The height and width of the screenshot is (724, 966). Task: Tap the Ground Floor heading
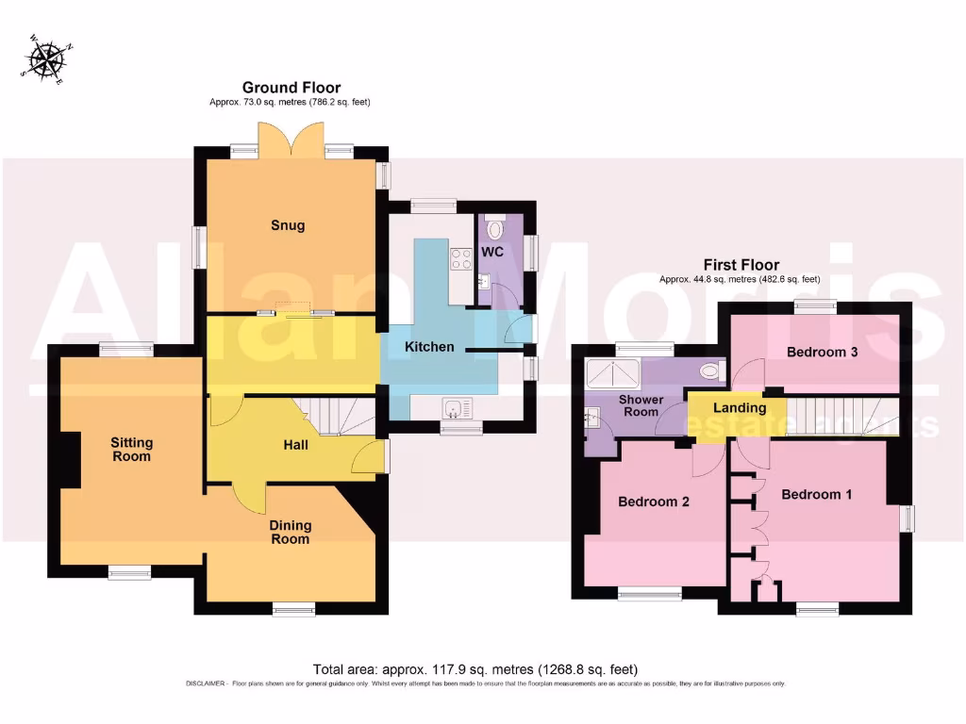click(x=291, y=88)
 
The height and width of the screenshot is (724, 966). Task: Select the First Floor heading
click(x=741, y=265)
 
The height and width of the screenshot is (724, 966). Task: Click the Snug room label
click(x=288, y=225)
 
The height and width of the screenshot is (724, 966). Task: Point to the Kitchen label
click(x=429, y=347)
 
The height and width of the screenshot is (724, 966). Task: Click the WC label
click(x=492, y=253)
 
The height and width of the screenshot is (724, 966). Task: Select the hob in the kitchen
click(x=461, y=258)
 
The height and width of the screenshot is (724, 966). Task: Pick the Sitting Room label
click(x=131, y=450)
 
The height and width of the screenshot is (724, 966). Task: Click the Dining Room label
click(x=290, y=532)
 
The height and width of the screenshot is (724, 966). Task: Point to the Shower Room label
click(x=640, y=405)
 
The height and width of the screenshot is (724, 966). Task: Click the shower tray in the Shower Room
click(x=615, y=376)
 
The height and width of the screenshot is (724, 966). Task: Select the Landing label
click(x=739, y=408)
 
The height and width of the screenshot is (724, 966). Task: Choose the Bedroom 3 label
click(x=822, y=352)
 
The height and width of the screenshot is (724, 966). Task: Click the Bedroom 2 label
click(x=653, y=502)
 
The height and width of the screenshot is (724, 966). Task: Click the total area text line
click(x=481, y=669)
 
